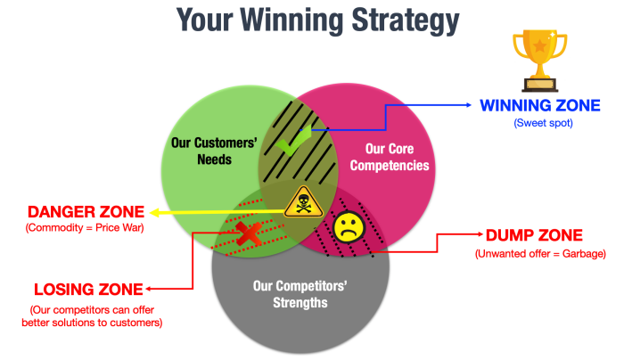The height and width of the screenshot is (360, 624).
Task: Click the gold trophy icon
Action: click(539, 61)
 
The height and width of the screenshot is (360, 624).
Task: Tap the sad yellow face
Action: click(349, 227)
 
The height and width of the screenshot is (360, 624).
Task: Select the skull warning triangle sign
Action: click(303, 202)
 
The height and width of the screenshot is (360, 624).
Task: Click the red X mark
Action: click(249, 233)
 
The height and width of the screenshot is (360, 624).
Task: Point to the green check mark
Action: click(293, 141)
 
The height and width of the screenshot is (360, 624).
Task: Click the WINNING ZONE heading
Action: click(540, 105)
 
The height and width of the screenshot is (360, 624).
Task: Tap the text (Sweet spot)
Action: click(543, 123)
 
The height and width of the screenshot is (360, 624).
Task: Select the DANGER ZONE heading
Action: click(86, 211)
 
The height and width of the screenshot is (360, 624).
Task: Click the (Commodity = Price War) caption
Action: click(85, 228)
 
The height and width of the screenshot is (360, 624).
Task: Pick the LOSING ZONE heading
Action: click(88, 290)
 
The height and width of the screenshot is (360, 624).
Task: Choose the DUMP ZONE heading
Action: click(534, 235)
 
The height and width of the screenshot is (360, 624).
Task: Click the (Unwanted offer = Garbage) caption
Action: click(540, 254)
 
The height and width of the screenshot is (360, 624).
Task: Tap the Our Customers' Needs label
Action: click(214, 151)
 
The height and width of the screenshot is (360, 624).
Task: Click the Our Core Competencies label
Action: click(390, 157)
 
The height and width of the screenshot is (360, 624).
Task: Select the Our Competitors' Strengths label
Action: click(300, 294)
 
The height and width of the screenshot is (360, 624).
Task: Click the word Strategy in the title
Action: click(406, 20)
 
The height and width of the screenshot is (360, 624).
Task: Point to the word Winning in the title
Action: click(291, 20)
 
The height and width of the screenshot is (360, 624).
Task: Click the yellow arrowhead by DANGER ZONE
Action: click(154, 213)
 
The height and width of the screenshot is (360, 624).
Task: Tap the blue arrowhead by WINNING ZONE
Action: click(468, 105)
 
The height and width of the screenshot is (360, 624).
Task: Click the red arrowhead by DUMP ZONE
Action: click(480, 234)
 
